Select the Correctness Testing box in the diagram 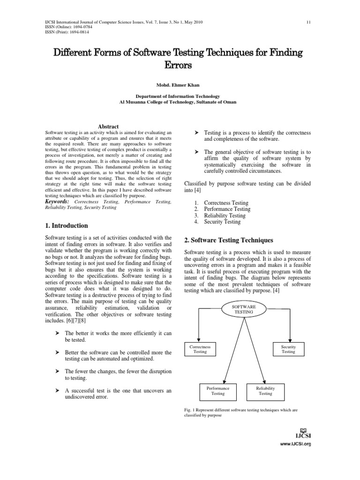pyautogui.click(x=200, y=349)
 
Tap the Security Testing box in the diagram pyautogui.click(x=288, y=349)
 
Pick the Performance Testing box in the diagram pyautogui.click(x=218, y=391)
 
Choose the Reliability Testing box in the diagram pyautogui.click(x=265, y=391)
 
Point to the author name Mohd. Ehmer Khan pyautogui.click(x=180, y=85)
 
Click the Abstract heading pyautogui.click(x=108, y=127)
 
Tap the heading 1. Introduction pyautogui.click(x=66, y=225)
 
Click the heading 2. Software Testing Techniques pyautogui.click(x=228, y=240)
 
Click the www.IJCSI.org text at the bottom pyautogui.click(x=296, y=443)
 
